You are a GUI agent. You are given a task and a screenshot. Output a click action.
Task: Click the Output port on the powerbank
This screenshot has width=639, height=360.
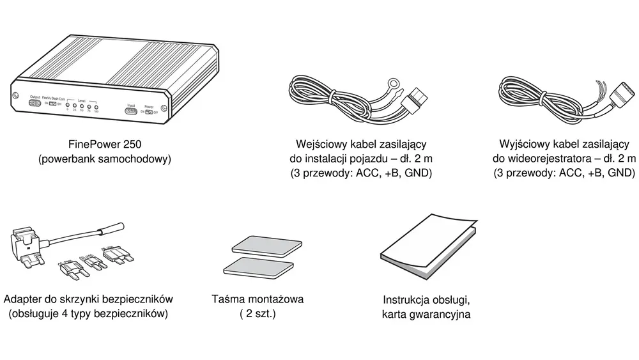(35, 104)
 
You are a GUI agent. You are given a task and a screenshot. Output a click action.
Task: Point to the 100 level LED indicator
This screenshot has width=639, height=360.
(96, 105)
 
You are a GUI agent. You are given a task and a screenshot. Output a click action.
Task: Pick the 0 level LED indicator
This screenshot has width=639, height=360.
(67, 104)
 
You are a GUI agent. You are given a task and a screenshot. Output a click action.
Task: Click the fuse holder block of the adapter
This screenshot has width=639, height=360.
(24, 244)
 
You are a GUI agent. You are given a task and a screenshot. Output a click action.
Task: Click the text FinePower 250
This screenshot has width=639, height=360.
(105, 145)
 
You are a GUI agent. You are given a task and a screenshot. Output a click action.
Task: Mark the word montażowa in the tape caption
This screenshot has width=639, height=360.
(275, 299)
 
